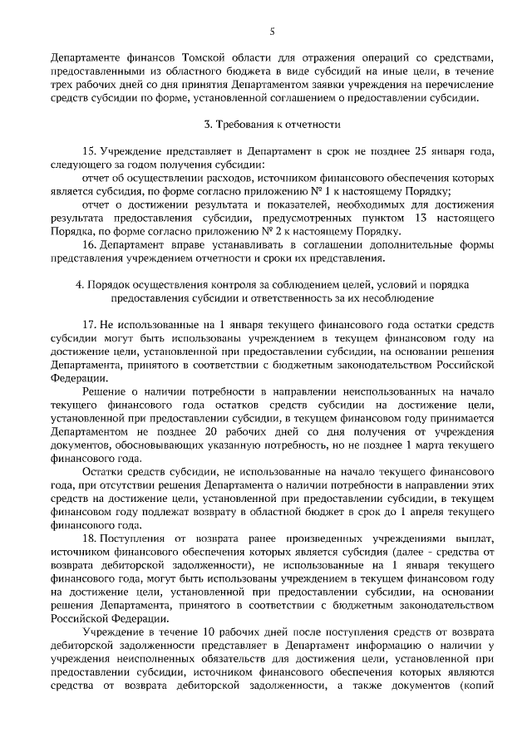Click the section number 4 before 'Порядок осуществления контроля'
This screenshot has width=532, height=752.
click(77, 283)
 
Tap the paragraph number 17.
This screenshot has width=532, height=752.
click(89, 322)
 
